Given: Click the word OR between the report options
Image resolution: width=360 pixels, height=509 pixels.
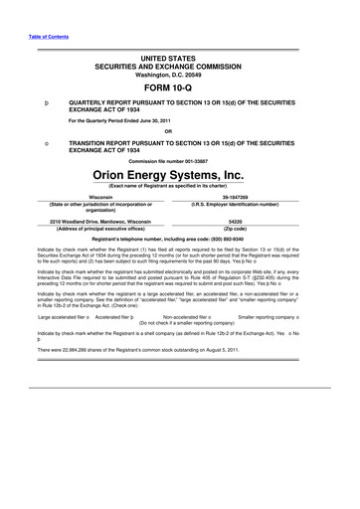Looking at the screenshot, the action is [180, 132].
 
